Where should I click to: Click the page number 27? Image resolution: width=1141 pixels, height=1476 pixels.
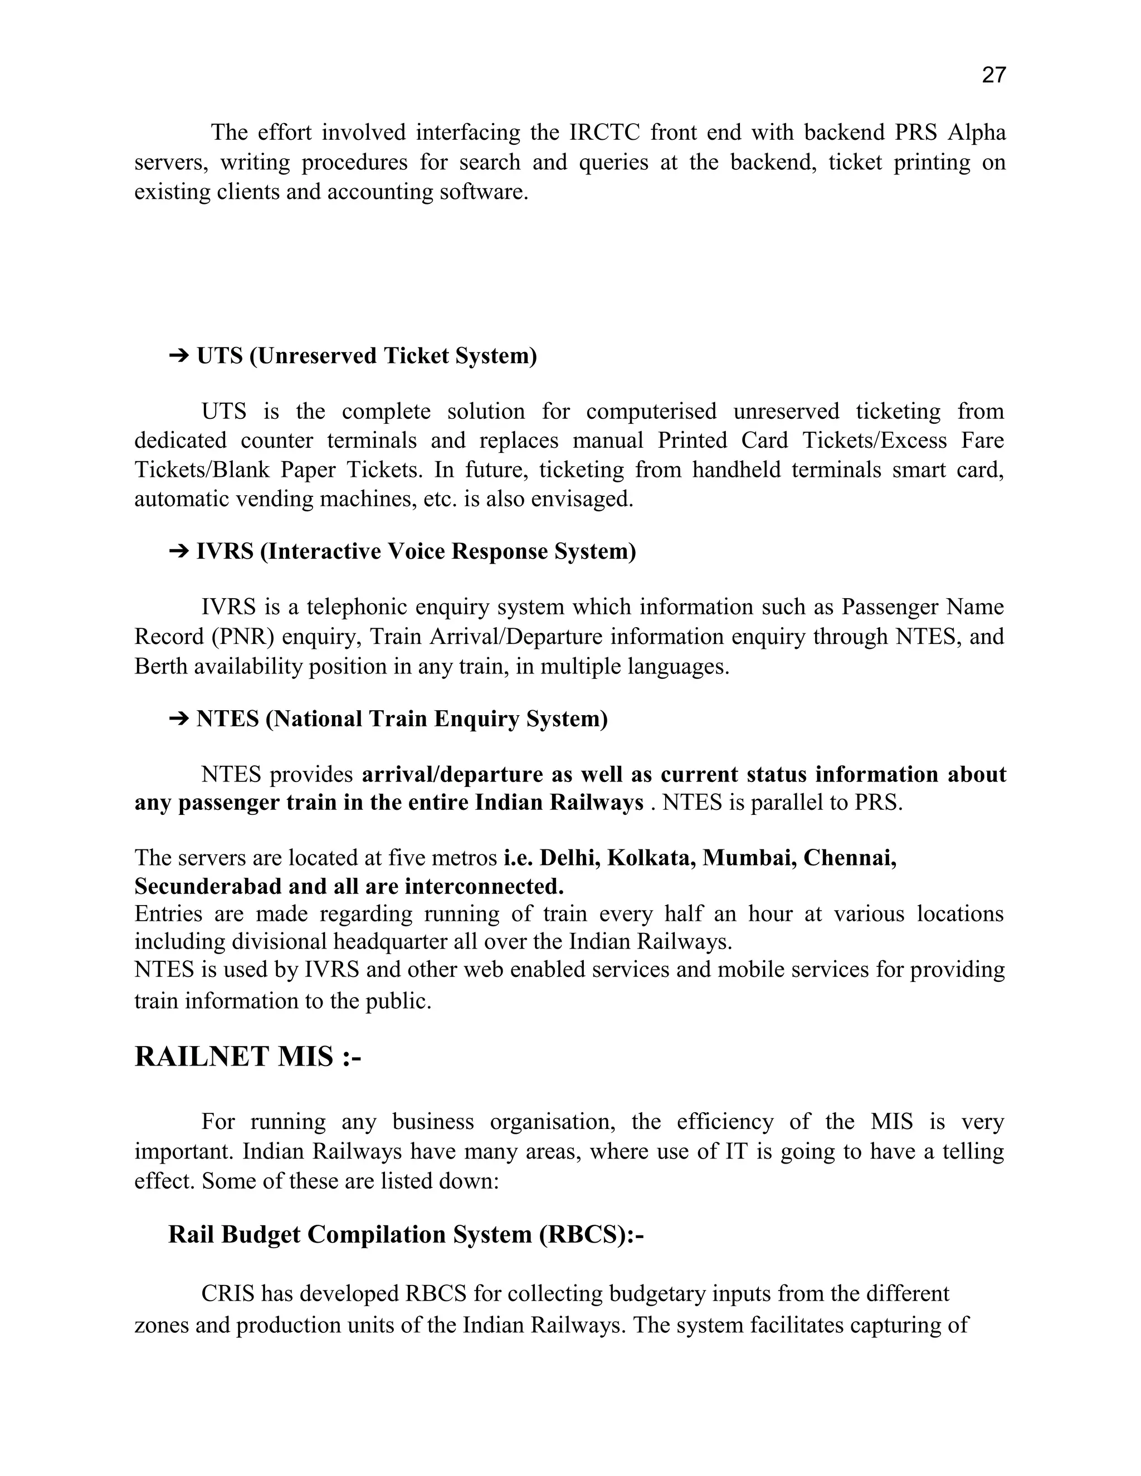pyautogui.click(x=993, y=75)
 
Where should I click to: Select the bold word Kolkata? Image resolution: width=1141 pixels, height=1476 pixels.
pyautogui.click(x=651, y=858)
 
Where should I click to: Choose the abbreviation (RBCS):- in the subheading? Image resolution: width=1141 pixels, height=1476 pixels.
pyautogui.click(x=591, y=1235)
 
